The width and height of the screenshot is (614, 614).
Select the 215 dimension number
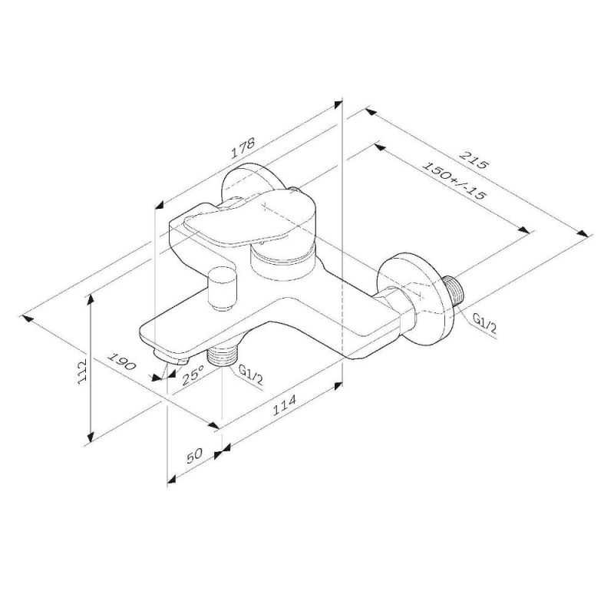pos(474,164)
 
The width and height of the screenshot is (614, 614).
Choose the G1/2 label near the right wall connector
pos(484,322)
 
